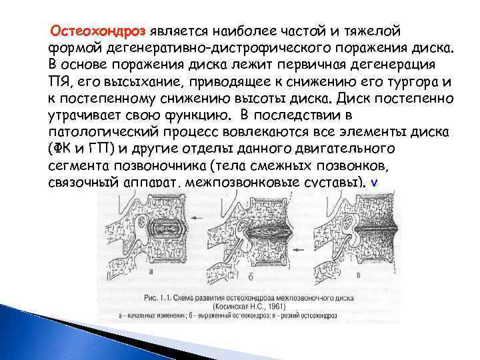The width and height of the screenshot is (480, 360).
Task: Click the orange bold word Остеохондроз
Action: coord(99,31)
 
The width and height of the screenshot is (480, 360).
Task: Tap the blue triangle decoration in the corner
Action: coord(27,333)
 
